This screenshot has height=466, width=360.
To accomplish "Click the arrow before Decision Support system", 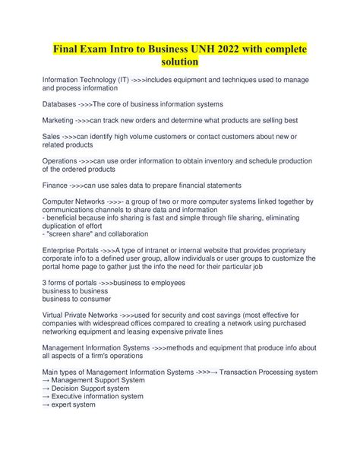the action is click(46, 388).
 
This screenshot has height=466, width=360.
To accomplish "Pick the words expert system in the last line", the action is click(74, 405).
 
